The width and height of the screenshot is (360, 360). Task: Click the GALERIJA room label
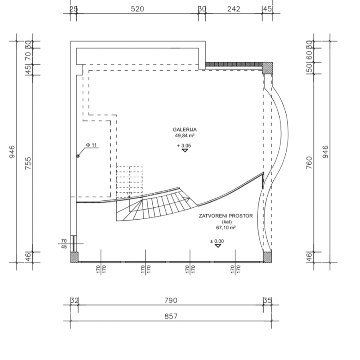tap(185, 130)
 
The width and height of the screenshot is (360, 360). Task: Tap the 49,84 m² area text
tap(185, 135)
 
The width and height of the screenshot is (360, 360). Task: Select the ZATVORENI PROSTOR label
tap(226, 216)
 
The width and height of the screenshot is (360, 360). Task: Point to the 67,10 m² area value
tap(226, 228)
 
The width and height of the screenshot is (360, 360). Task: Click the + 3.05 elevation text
tap(184, 145)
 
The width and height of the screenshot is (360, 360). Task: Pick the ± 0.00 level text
tap(217, 241)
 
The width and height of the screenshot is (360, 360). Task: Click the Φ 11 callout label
tap(91, 145)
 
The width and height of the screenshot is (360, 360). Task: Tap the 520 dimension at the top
tap(137, 9)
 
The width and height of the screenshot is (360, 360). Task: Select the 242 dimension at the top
tap(234, 9)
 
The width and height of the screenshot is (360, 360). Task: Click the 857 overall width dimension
tap(171, 316)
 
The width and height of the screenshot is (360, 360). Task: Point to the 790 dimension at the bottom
tap(171, 300)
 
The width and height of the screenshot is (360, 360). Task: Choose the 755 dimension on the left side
tap(28, 163)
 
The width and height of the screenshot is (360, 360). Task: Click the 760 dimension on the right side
tap(309, 163)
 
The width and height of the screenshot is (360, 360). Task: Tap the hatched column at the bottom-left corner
tap(74, 258)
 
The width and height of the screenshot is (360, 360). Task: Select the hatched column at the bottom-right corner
tap(267, 258)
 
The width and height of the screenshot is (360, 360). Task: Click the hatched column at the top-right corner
tap(268, 68)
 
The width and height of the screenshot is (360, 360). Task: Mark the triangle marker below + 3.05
tap(185, 150)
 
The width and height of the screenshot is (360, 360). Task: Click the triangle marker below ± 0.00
tap(218, 246)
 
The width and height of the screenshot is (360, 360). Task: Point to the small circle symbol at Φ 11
tap(78, 156)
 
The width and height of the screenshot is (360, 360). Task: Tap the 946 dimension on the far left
tap(12, 152)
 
